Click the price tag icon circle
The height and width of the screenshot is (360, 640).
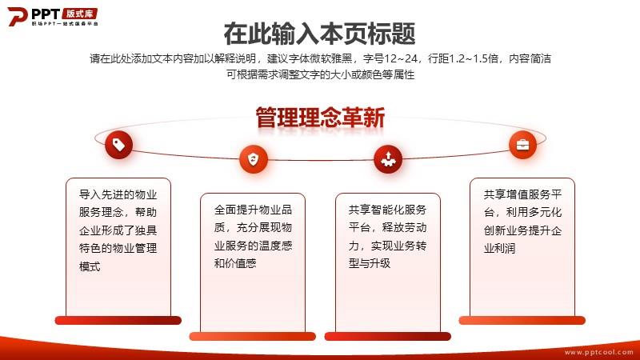pos(118,145)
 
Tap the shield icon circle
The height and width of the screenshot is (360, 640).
pos(254,159)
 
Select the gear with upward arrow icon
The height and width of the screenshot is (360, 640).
pos(388,159)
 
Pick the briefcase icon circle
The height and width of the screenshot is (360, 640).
pos(522,145)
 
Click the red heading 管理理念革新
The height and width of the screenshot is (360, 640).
pos(321,118)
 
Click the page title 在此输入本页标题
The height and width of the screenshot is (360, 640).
pos(319,34)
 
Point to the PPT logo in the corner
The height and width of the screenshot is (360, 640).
pos(53,17)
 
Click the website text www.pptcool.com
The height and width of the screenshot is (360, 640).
pos(598,352)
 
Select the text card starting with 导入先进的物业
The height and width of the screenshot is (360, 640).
pos(118,247)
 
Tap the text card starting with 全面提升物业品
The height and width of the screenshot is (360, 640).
pos(253,263)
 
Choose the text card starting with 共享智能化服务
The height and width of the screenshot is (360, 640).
pos(388,263)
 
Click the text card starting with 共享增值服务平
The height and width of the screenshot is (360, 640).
pos(522,247)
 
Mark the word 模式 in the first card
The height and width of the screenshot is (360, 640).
pos(90,266)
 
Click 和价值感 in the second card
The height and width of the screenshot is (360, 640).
pos(235,263)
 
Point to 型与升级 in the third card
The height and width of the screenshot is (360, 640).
pos(370,263)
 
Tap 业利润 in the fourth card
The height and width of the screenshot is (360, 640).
pos(499,248)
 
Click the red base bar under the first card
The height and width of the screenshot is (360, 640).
pos(118,321)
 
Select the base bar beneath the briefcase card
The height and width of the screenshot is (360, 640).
pos(522,321)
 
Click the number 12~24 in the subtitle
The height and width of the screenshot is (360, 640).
pos(401,58)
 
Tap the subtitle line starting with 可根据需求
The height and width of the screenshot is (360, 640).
pos(321,74)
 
